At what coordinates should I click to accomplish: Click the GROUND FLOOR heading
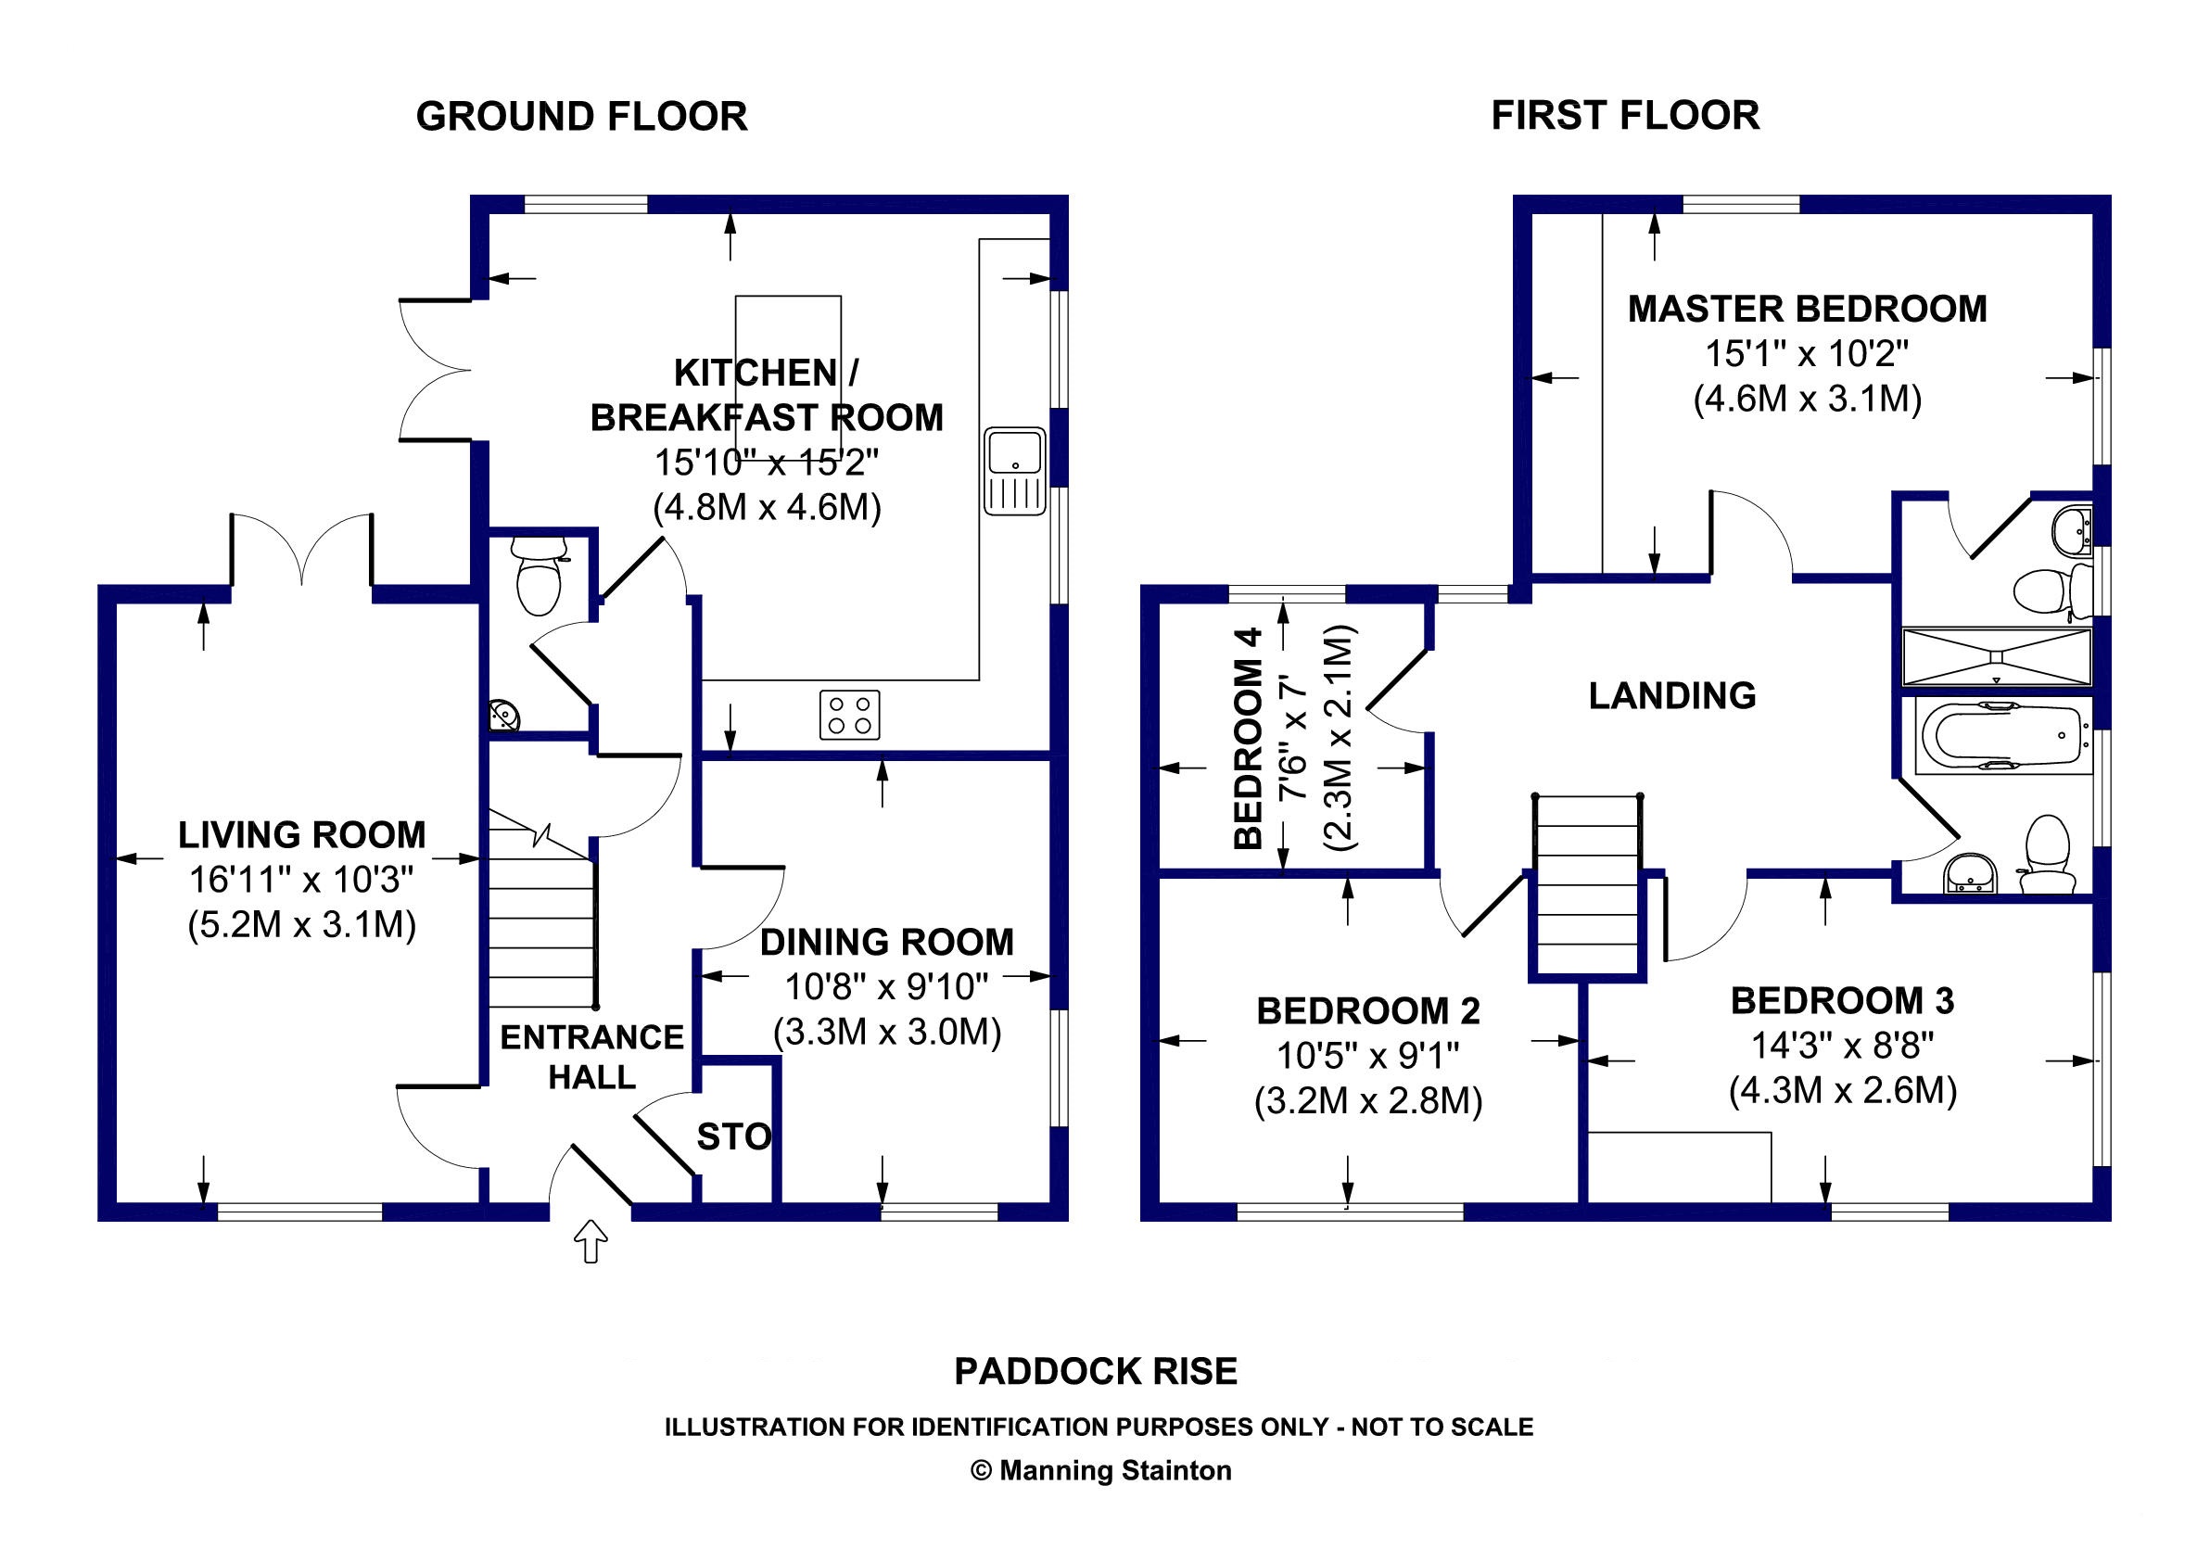(581, 117)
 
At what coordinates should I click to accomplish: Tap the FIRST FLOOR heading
(1626, 116)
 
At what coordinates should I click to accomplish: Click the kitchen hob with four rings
(850, 715)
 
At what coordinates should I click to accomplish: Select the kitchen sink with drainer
(1014, 471)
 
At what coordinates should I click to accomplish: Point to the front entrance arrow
(590, 1241)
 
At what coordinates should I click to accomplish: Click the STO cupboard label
(734, 1137)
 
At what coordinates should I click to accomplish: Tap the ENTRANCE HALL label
(592, 1057)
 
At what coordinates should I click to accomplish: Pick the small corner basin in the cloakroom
(502, 714)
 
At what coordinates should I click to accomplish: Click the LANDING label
(1672, 696)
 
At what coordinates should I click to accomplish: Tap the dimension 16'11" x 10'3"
(301, 880)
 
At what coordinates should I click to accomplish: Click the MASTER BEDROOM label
(1808, 309)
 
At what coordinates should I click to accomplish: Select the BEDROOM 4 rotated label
(1248, 738)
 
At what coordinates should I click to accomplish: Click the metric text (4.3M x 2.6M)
(1842, 1091)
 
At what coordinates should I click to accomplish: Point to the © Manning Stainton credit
(1101, 1470)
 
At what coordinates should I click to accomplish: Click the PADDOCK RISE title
(1096, 1371)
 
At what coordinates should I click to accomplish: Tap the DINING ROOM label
(886, 942)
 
